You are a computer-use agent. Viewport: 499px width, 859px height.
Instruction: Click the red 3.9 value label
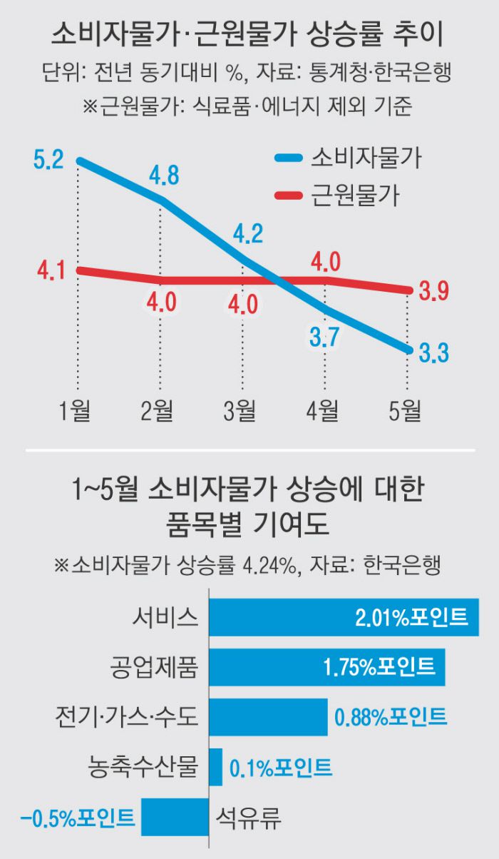(433, 292)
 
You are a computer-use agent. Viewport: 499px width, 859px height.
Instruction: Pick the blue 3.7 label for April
(324, 336)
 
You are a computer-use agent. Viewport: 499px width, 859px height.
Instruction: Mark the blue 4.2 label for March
(247, 234)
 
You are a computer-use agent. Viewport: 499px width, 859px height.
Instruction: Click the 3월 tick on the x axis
(241, 410)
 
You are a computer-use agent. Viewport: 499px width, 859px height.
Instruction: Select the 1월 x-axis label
(76, 410)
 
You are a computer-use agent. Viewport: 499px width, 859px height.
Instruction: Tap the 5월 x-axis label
(406, 410)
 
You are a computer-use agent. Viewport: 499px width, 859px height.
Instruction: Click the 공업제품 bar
(327, 666)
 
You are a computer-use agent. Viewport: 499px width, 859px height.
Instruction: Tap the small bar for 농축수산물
(215, 768)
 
